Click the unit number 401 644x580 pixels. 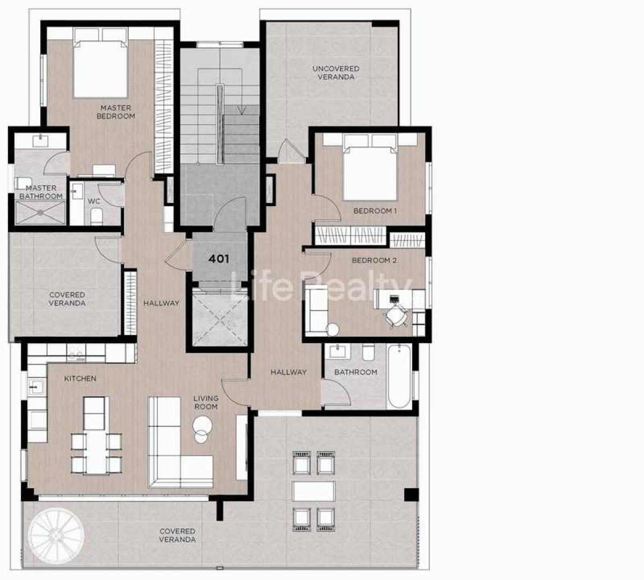(218, 259)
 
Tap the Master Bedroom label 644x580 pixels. (115, 112)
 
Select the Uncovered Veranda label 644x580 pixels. (336, 73)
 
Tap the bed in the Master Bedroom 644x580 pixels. (101, 63)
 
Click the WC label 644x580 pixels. (94, 201)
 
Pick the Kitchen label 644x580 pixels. (80, 379)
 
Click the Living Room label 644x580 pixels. (206, 402)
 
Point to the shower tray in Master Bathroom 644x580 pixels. (40, 213)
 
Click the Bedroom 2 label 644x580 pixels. (374, 260)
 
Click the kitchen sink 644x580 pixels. (36, 387)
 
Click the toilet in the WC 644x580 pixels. (96, 216)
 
